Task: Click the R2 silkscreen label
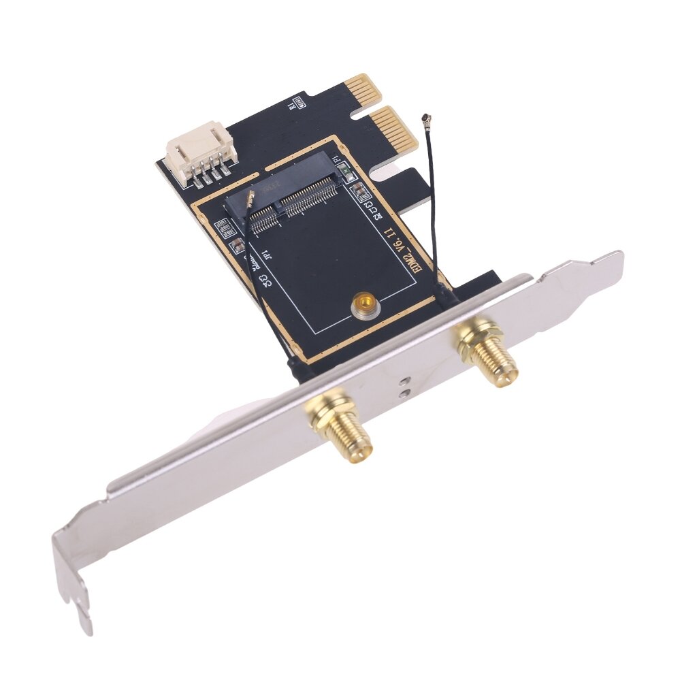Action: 372,209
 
